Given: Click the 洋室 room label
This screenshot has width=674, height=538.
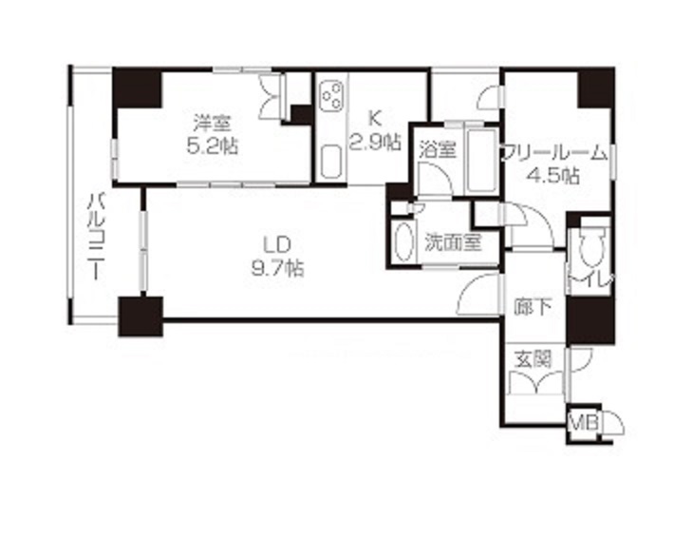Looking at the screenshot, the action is click(212, 124).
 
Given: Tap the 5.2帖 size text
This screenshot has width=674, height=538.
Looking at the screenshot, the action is click(213, 146).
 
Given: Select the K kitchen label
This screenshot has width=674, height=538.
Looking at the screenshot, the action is click(375, 117).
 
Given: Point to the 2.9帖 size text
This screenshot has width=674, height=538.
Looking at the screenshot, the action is click(375, 141).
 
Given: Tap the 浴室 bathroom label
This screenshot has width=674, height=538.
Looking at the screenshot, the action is click(438, 150).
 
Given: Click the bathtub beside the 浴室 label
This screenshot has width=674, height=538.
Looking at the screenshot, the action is click(481, 160).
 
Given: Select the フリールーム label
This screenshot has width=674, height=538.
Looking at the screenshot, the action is click(555, 153).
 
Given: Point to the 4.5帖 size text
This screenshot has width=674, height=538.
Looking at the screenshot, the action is click(553, 176).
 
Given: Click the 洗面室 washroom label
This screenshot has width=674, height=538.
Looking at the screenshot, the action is click(453, 242).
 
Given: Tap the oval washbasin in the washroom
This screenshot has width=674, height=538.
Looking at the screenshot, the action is click(403, 241).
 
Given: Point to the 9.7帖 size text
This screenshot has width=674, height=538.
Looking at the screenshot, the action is click(278, 269).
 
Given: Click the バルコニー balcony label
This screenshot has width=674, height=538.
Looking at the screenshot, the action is click(97, 237).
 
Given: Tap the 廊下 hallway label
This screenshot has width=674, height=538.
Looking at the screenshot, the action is click(533, 307).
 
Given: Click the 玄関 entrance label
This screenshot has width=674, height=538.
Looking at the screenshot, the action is click(533, 358).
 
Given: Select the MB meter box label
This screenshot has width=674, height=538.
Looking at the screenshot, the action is click(584, 424).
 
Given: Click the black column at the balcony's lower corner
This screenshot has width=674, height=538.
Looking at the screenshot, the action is click(140, 317).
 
